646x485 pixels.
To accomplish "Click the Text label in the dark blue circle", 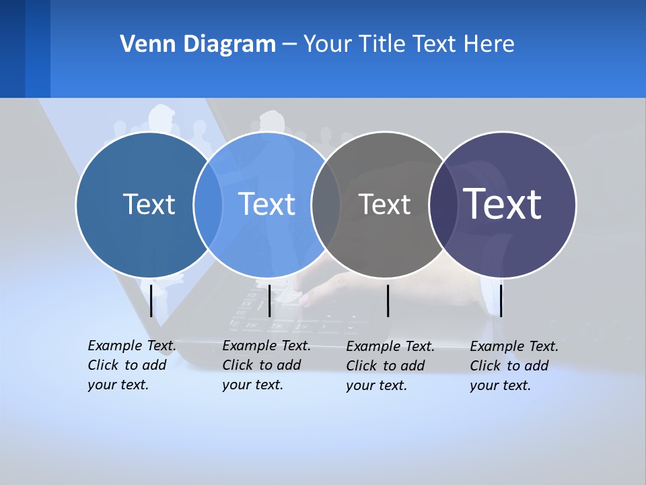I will coord(149,204).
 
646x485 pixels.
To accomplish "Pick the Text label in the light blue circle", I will coord(266,204).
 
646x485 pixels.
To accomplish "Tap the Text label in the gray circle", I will coord(384,204).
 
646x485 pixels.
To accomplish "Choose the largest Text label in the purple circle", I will coord(502,204).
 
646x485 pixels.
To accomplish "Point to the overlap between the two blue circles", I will coord(208,204).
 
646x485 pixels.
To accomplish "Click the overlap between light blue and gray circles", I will coord(326,204).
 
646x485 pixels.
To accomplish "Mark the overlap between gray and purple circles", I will coord(443,204).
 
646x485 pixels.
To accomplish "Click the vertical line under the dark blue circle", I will coord(151,300).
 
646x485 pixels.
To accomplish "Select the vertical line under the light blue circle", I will coord(269,300).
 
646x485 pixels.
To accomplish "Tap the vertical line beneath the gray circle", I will coord(388,300).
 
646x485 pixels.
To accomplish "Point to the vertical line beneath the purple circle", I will coord(501,300).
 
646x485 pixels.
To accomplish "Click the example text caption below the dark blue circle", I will coord(131,365).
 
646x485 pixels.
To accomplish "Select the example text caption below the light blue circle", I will coord(266,365).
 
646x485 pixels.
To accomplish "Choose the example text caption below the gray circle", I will coord(390,366).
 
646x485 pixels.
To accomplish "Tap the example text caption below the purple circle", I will coord(513,366).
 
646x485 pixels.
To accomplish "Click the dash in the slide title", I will coord(289,44).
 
